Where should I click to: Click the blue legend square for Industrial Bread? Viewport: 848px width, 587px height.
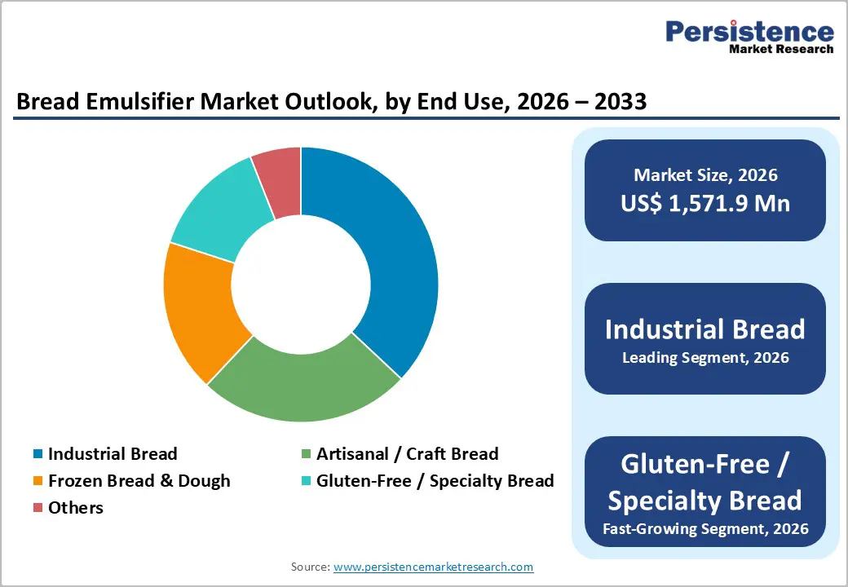click(38, 454)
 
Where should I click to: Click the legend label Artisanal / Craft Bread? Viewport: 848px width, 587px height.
click(407, 454)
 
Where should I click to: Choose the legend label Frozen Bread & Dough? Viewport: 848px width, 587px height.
click(139, 481)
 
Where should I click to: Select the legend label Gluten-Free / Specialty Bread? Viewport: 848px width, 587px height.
click(435, 481)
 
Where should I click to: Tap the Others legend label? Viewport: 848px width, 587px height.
click(76, 508)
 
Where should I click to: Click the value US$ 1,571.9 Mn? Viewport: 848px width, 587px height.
click(705, 203)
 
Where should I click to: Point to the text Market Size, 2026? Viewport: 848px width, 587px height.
click(705, 175)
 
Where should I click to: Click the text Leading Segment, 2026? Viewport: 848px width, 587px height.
click(705, 357)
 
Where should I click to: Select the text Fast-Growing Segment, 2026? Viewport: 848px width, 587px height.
click(705, 528)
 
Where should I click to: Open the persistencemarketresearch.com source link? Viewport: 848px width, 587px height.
click(433, 567)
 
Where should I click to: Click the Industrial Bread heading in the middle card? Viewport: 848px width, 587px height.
click(705, 329)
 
